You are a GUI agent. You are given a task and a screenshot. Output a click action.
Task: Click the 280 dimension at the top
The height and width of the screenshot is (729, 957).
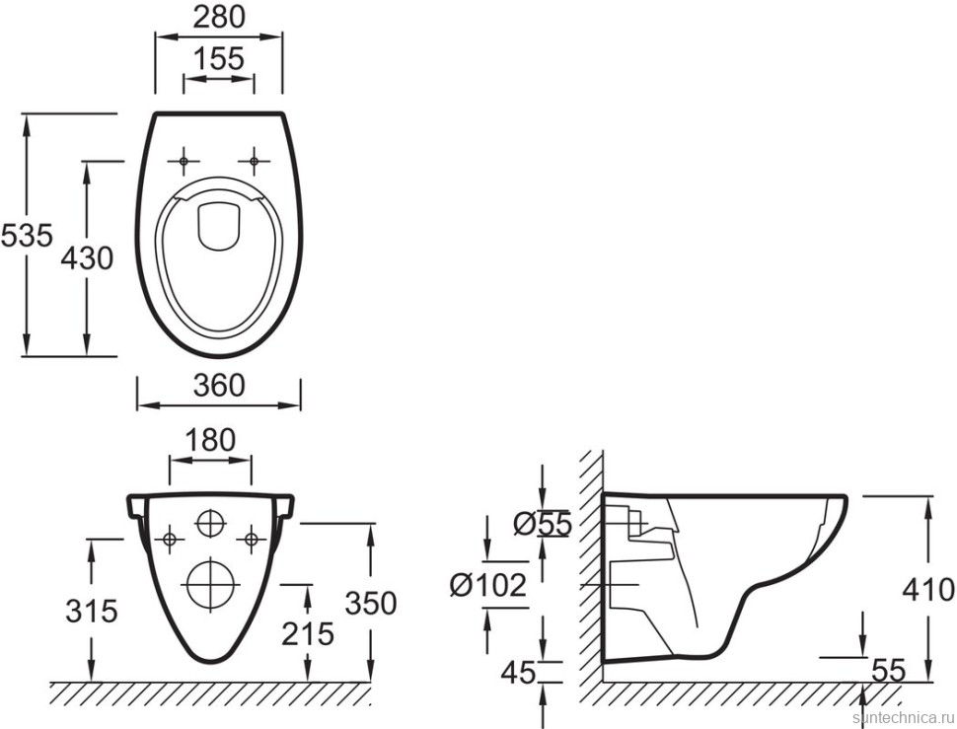click(x=218, y=16)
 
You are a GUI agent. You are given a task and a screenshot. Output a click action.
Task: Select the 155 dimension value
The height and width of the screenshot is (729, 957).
click(x=218, y=58)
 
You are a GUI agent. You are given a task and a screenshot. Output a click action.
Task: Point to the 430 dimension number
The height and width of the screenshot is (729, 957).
click(x=87, y=258)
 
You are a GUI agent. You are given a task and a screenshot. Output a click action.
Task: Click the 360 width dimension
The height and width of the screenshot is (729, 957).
click(x=218, y=385)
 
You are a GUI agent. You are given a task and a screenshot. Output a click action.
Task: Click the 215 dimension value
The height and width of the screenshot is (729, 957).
click(x=308, y=633)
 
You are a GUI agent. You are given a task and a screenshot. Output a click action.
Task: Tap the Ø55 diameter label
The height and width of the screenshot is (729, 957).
click(x=543, y=525)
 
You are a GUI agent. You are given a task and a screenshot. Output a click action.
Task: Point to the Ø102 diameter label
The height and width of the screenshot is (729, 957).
click(x=488, y=585)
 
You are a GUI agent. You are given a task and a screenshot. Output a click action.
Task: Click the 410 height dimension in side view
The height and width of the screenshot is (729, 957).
click(x=928, y=590)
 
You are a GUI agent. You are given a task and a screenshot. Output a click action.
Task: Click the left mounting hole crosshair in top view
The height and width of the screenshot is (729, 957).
click(x=184, y=160)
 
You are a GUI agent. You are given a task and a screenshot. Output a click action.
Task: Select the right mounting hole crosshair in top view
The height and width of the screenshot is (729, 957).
click(x=254, y=160)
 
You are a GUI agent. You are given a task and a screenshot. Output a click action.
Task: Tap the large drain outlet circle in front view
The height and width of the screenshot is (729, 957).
click(x=210, y=582)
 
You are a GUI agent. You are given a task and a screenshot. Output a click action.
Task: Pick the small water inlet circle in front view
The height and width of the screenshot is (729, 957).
click(x=210, y=523)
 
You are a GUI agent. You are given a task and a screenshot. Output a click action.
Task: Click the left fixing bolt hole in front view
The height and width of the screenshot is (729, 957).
click(x=171, y=539)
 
